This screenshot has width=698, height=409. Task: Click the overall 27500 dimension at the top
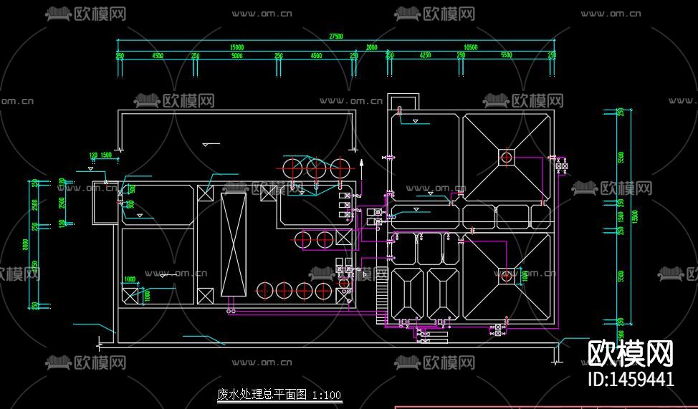[x=335, y=36]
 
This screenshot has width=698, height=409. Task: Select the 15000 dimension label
[x=236, y=47]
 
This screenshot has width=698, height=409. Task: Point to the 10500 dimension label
[x=471, y=47]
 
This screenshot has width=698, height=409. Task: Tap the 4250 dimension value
[x=425, y=55]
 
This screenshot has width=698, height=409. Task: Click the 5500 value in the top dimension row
[x=507, y=55]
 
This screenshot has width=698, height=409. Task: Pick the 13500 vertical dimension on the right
[x=634, y=216]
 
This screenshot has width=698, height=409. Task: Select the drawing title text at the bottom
[x=279, y=395]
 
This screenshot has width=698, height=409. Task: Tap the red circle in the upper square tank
[x=507, y=157]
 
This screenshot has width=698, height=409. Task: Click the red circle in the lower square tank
[x=507, y=275]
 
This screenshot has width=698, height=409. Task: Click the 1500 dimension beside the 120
[x=105, y=155]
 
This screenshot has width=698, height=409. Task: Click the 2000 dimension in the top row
[x=371, y=47]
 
